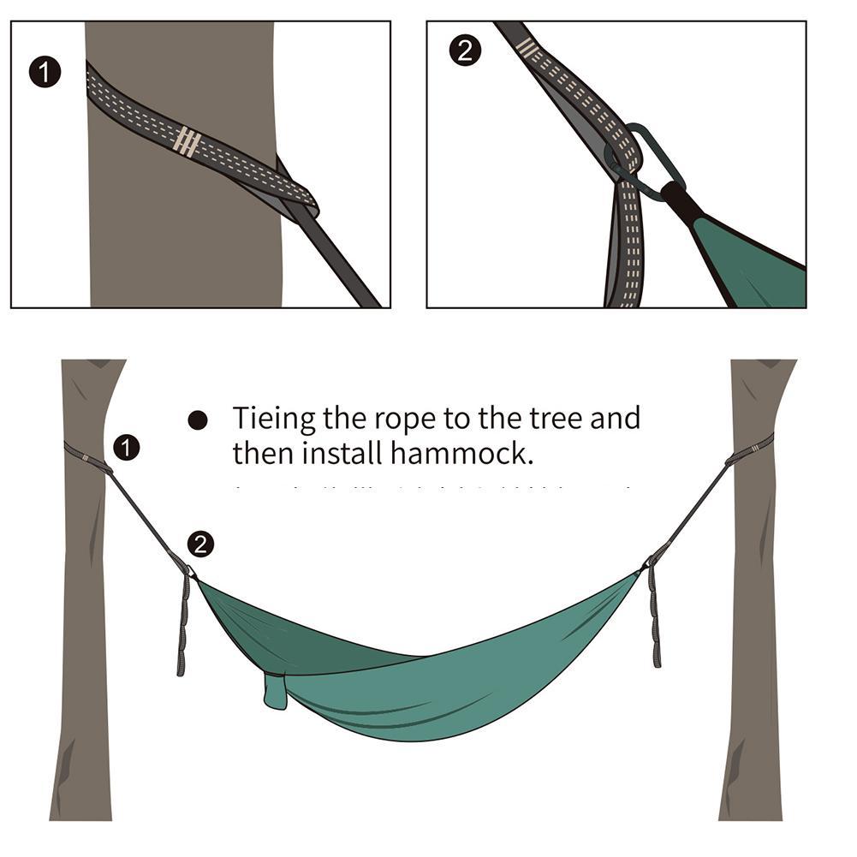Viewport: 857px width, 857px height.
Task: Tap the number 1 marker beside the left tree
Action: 127,447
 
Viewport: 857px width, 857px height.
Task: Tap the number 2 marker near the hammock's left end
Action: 199,544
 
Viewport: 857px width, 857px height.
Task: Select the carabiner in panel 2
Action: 652,159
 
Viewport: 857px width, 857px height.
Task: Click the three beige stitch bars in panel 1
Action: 187,141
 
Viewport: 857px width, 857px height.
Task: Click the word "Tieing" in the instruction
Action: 274,420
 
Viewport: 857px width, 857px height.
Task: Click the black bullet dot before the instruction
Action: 198,420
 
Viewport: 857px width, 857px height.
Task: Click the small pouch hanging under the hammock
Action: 275,691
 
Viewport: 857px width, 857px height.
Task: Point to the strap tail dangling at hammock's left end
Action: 182,625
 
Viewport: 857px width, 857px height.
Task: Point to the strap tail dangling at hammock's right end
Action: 655,616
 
